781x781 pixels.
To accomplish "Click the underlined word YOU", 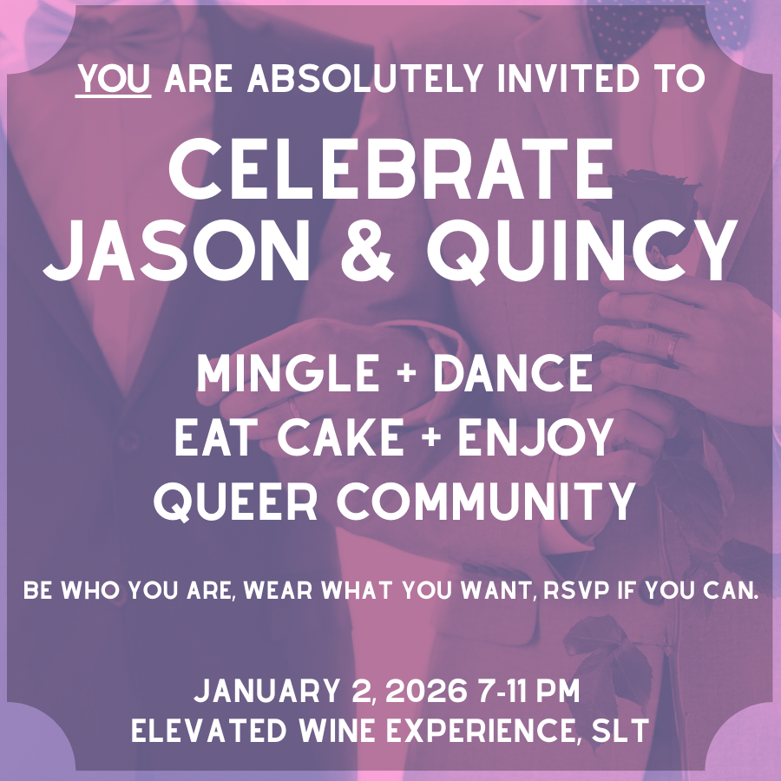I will tap(114, 79).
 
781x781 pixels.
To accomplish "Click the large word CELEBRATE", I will tap(390, 170).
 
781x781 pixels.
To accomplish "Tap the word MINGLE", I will tap(281, 374).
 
